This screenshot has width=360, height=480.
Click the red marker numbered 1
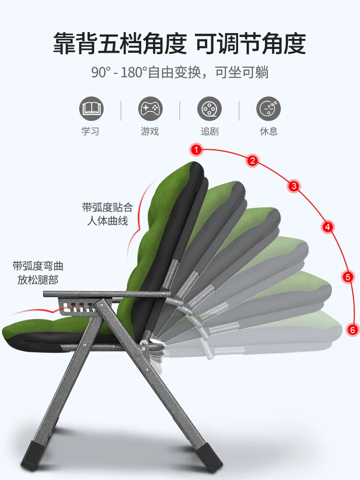coord(196,150)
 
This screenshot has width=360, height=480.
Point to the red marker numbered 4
coord(328,227)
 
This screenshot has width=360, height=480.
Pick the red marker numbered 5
coord(348,276)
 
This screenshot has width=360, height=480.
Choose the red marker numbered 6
coord(352,330)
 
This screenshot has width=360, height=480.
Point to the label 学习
coord(91,131)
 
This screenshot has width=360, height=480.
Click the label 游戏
coord(150,131)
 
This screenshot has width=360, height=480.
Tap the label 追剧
coord(209,131)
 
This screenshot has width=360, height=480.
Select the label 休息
coord(268,131)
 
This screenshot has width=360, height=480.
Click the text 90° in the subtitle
coord(101,73)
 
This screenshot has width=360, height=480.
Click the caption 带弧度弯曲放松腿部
coord(38,273)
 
